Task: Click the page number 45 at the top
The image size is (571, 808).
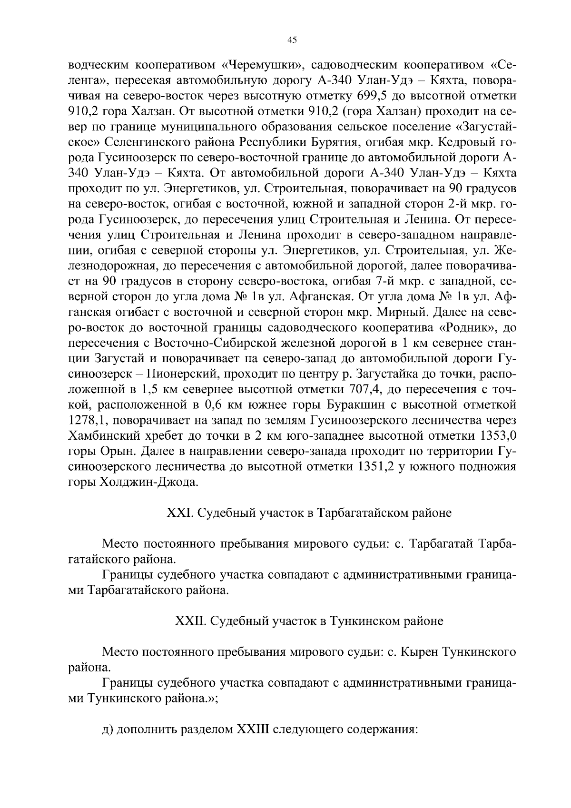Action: click(292, 40)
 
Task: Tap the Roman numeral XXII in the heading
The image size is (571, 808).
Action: click(190, 621)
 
